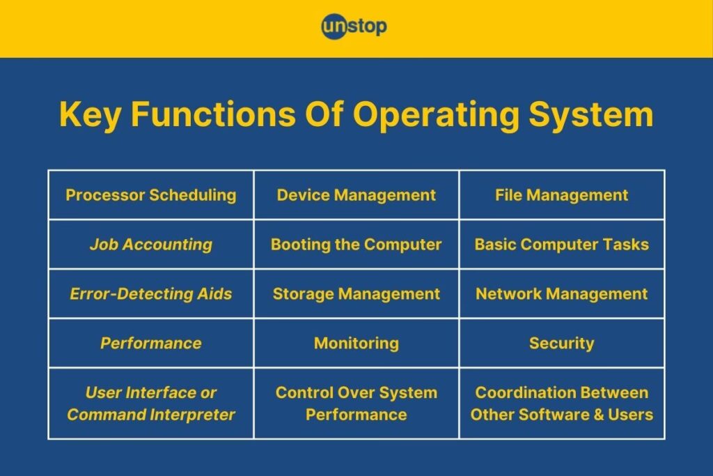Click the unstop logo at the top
354,26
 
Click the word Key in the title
90,114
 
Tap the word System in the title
591,114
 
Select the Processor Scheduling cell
151,195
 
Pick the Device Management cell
356,195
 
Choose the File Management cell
562,195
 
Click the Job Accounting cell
151,245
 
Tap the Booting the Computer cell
356,245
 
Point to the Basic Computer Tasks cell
562,245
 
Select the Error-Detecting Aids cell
151,294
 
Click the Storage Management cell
356,294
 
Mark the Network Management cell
562,294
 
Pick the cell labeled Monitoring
356,343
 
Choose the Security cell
562,343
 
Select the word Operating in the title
436,114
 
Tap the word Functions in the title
213,114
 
